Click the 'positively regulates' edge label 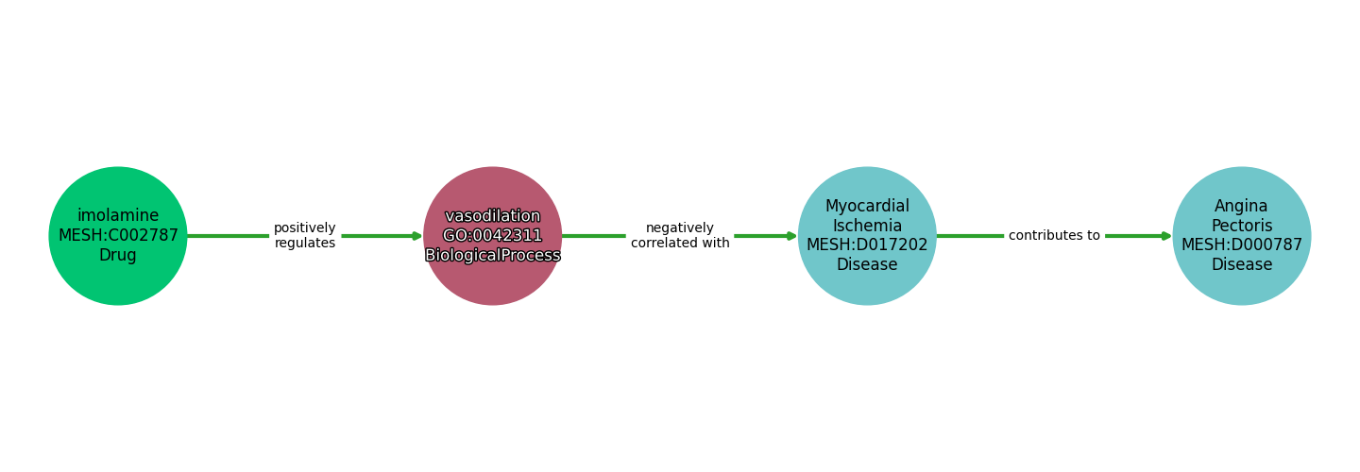tap(305, 236)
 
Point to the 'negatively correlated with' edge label tap(680, 236)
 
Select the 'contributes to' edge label tap(1054, 236)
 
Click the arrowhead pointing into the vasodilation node tap(416, 236)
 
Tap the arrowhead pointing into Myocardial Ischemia tap(791, 236)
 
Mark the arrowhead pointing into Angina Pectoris tap(1165, 236)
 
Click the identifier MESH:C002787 tap(118, 236)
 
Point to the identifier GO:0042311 tap(492, 236)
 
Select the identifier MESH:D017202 tap(867, 245)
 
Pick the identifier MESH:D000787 tap(1241, 245)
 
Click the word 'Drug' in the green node tap(118, 256)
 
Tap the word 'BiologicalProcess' tap(492, 256)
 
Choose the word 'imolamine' tap(118, 216)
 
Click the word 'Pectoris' tap(1241, 227)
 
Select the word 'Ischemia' tap(867, 227)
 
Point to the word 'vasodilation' tap(492, 216)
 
